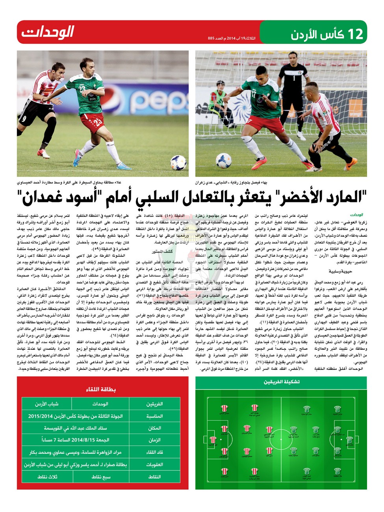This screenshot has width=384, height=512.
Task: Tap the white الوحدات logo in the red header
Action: point(48,32)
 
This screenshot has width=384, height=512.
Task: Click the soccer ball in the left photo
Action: point(178,163)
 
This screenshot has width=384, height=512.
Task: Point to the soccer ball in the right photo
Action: point(224,160)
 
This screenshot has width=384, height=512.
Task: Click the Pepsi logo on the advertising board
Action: point(158,101)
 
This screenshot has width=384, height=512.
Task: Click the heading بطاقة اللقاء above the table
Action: point(101,389)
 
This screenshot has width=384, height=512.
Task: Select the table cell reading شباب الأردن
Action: point(47,404)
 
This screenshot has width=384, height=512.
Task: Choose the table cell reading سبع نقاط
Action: point(101,476)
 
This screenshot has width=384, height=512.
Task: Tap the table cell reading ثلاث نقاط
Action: point(47,476)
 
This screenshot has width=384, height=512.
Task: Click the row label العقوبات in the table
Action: point(154,464)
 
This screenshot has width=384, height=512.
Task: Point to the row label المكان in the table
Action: point(154,428)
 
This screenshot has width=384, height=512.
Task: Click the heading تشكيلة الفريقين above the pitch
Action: point(281,382)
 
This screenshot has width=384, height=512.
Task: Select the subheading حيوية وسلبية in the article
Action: point(340,271)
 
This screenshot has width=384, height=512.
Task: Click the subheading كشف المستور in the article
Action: point(163,251)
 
